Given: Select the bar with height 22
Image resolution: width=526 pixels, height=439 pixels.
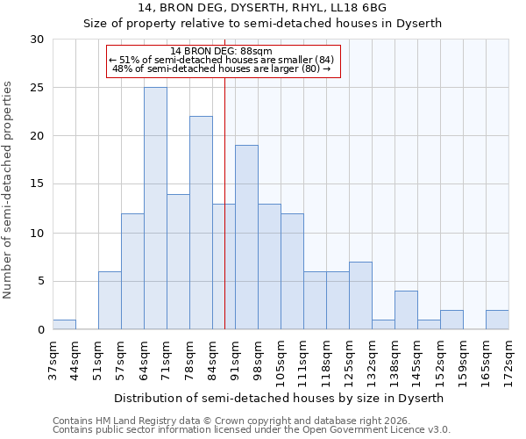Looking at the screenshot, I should point(201,223).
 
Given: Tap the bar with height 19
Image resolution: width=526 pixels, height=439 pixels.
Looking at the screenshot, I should point(246,237).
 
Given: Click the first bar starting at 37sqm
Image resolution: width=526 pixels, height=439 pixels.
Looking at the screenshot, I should point(64,325).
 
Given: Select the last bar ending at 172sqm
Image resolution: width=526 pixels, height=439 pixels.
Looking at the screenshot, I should point(497,320).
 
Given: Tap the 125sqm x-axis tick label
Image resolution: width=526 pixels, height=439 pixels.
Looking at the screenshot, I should point(349,358).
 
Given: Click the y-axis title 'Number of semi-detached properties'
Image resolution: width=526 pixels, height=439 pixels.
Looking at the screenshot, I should point(9,190).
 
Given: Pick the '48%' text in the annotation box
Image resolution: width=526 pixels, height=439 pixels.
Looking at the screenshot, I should point(123,68).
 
